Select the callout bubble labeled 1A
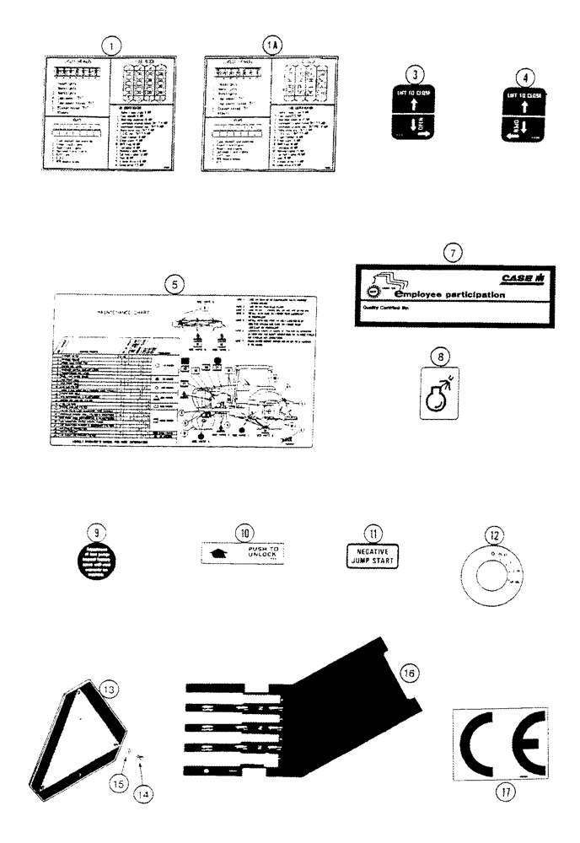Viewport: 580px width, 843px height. tap(268, 44)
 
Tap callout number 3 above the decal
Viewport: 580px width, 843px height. tap(411, 73)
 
